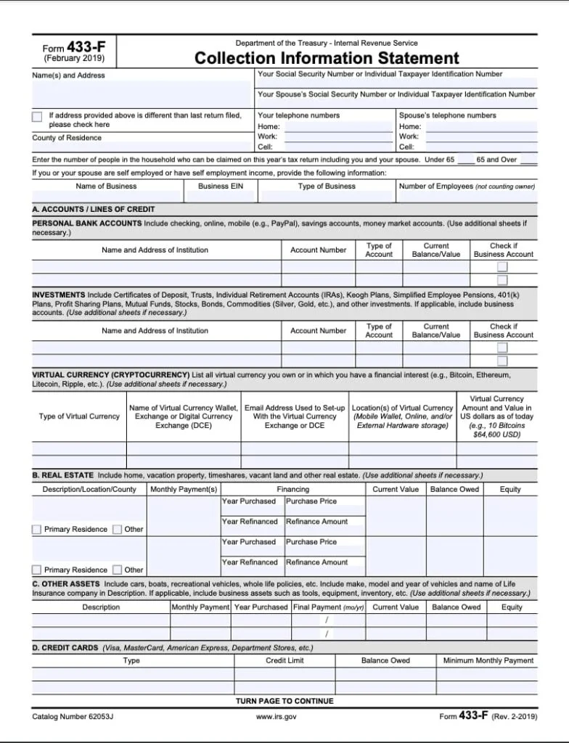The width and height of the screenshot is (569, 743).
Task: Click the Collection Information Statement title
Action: click(327, 59)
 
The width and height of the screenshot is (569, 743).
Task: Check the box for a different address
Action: click(37, 117)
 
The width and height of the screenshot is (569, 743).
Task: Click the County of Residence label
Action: click(67, 138)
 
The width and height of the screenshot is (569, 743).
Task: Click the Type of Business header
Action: click(327, 186)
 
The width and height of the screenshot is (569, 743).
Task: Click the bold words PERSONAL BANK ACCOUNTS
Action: click(87, 223)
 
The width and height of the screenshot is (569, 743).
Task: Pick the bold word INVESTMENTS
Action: click(59, 295)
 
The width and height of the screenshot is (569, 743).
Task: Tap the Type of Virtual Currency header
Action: click(79, 416)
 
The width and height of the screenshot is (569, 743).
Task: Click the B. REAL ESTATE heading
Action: click(63, 475)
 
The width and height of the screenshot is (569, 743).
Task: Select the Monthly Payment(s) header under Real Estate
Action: click(184, 490)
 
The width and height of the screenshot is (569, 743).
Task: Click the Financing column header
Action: click(292, 490)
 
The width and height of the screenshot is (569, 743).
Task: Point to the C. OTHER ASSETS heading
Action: click(66, 583)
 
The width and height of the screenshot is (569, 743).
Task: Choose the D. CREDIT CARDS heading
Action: click(65, 648)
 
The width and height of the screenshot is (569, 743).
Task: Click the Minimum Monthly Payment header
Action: click(488, 661)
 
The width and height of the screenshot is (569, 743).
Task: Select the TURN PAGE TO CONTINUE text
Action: click(284, 702)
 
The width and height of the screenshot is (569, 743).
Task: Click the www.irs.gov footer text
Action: click(276, 717)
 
